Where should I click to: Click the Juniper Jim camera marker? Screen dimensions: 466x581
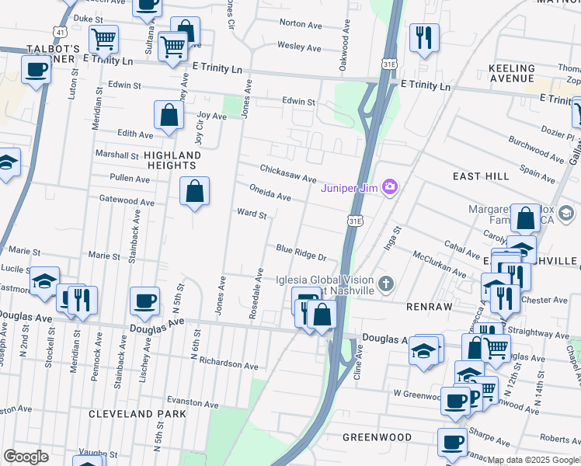coord(390,186)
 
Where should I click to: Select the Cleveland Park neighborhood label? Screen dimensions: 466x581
coord(137,414)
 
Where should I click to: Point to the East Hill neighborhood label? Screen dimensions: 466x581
coord(482,176)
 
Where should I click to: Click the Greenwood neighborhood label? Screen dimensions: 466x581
coord(376,437)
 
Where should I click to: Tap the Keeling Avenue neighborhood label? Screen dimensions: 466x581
coord(512,73)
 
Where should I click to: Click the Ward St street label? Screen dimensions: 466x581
coord(252,213)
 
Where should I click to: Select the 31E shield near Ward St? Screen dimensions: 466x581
coord(355,221)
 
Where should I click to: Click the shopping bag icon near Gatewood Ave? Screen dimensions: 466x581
coord(194,191)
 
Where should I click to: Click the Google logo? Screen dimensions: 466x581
coord(26,457)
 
